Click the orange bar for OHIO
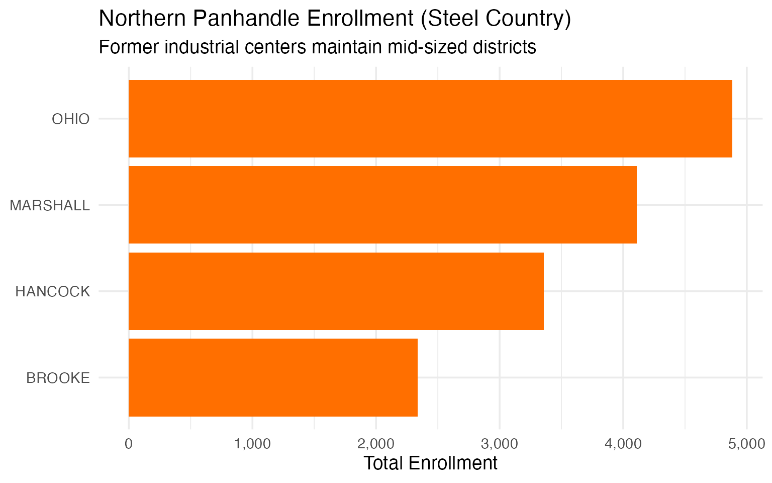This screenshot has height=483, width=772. click(430, 119)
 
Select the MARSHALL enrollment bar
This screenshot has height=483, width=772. click(382, 205)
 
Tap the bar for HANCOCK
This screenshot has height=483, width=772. click(336, 291)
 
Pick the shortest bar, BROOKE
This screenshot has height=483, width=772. click(273, 377)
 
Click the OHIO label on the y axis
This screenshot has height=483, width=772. click(71, 119)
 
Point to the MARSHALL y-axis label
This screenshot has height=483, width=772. click(50, 205)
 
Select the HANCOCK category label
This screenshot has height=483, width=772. click(53, 292)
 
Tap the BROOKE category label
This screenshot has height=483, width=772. click(58, 378)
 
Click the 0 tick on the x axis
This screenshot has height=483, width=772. click(129, 444)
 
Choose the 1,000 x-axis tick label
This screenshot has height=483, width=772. click(252, 444)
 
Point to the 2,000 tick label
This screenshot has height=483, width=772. click(376, 444)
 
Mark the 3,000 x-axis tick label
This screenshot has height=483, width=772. click(500, 444)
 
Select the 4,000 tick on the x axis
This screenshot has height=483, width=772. click(623, 444)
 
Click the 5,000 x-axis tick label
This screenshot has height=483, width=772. click(747, 444)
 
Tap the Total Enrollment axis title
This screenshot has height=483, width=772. click(430, 463)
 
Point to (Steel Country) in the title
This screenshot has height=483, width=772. click(495, 19)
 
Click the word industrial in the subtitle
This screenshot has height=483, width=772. click(202, 47)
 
